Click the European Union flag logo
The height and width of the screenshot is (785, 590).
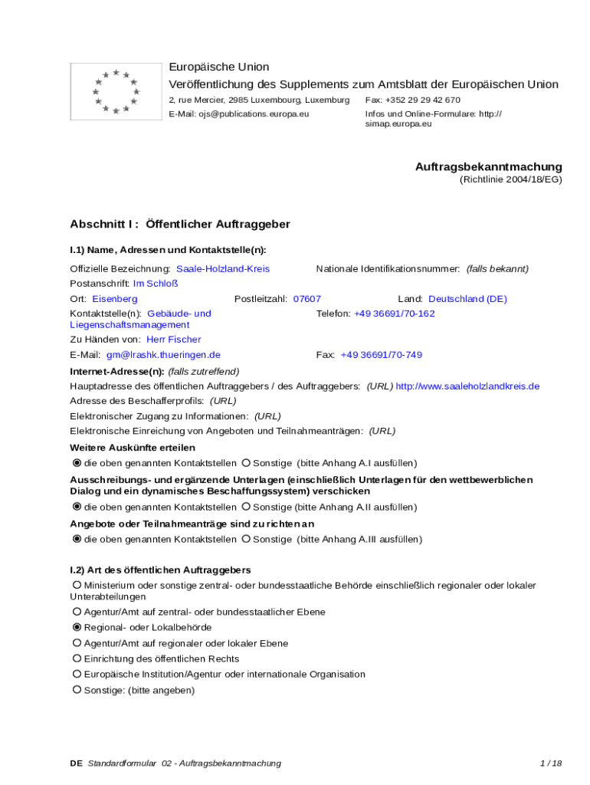point(116,92)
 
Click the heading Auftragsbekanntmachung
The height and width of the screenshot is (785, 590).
point(488,166)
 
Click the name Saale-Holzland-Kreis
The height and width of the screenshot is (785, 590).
point(223,269)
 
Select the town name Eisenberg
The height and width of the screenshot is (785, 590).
point(115,299)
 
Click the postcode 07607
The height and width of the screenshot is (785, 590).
point(307,299)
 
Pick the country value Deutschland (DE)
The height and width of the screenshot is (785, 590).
point(467,299)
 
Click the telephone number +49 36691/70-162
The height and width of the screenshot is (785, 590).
point(394,314)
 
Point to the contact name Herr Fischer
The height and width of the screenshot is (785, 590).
point(174,340)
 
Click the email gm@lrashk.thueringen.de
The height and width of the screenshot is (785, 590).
point(163,355)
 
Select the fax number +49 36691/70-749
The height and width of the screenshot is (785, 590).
point(381,355)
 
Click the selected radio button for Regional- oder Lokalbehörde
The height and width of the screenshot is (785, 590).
point(77,628)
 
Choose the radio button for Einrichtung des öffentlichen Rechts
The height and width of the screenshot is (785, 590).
point(77,659)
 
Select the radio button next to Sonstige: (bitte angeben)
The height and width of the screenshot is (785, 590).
point(77,690)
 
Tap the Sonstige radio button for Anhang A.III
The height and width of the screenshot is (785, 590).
point(246,540)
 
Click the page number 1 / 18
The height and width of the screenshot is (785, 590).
point(551,764)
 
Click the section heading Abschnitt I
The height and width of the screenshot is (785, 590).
point(103,225)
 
